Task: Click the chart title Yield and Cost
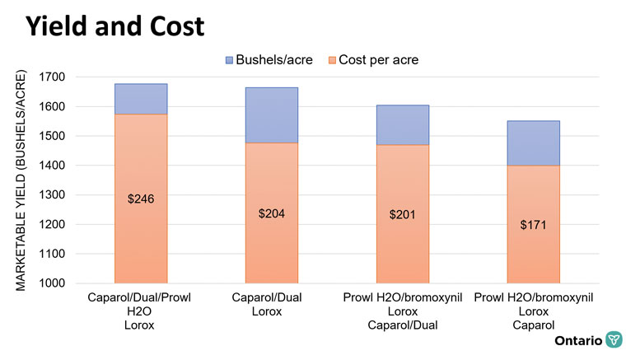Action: [114, 26]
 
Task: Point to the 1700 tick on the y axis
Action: [59, 77]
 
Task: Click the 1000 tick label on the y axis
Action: [59, 283]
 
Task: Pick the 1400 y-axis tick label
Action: [59, 166]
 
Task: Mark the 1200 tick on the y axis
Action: [59, 225]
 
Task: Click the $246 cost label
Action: [140, 199]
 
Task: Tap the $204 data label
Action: [272, 213]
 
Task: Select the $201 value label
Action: [403, 215]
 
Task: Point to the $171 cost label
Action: [534, 225]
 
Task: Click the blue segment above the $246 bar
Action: [140, 99]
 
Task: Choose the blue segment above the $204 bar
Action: [272, 115]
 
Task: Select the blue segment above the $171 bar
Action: [534, 143]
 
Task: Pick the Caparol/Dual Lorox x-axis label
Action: [271, 304]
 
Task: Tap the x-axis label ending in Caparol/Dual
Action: [403, 311]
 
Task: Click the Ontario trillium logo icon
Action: [614, 340]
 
